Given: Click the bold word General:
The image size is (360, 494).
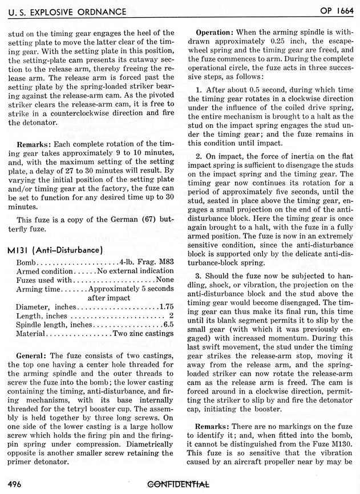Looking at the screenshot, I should tap(32, 354).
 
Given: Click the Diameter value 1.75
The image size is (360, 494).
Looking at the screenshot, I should tap(166, 306).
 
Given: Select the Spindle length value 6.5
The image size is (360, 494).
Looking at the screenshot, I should tap(168, 324).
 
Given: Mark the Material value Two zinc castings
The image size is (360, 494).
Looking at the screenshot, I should tap(143, 333).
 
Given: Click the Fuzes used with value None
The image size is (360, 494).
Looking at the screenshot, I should tap(164, 280).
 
